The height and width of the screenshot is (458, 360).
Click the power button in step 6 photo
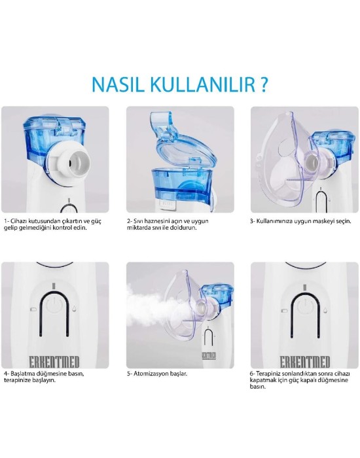304,311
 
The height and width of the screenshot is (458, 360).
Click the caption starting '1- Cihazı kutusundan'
53,224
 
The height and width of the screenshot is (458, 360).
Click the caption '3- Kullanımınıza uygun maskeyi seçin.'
300,221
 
